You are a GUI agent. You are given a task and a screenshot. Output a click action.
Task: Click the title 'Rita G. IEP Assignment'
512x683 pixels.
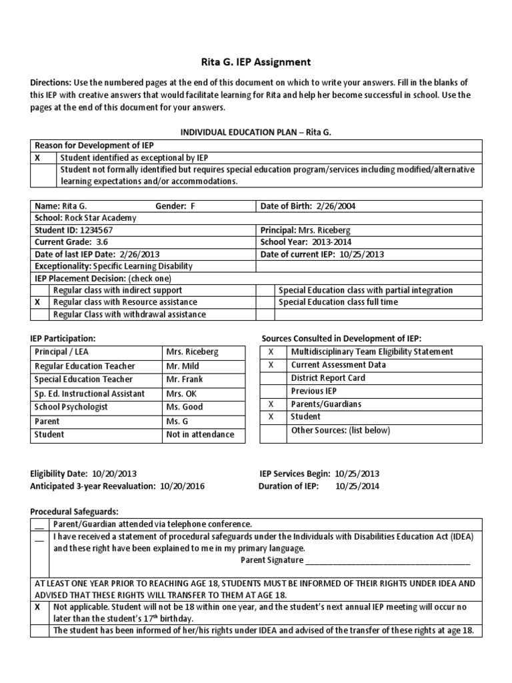tap(256, 62)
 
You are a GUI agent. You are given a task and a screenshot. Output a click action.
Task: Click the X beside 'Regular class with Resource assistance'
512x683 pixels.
tap(38, 302)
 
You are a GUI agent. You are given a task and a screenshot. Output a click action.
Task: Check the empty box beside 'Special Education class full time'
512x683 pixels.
tap(267, 302)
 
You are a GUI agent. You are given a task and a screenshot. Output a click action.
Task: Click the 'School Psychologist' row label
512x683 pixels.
tap(71, 407)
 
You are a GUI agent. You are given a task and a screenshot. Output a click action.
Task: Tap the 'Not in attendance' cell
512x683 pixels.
tap(199, 435)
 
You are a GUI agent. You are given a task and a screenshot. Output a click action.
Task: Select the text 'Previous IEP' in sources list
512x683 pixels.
tap(314, 391)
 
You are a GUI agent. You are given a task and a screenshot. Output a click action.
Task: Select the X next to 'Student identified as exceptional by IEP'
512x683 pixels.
tap(38, 158)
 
